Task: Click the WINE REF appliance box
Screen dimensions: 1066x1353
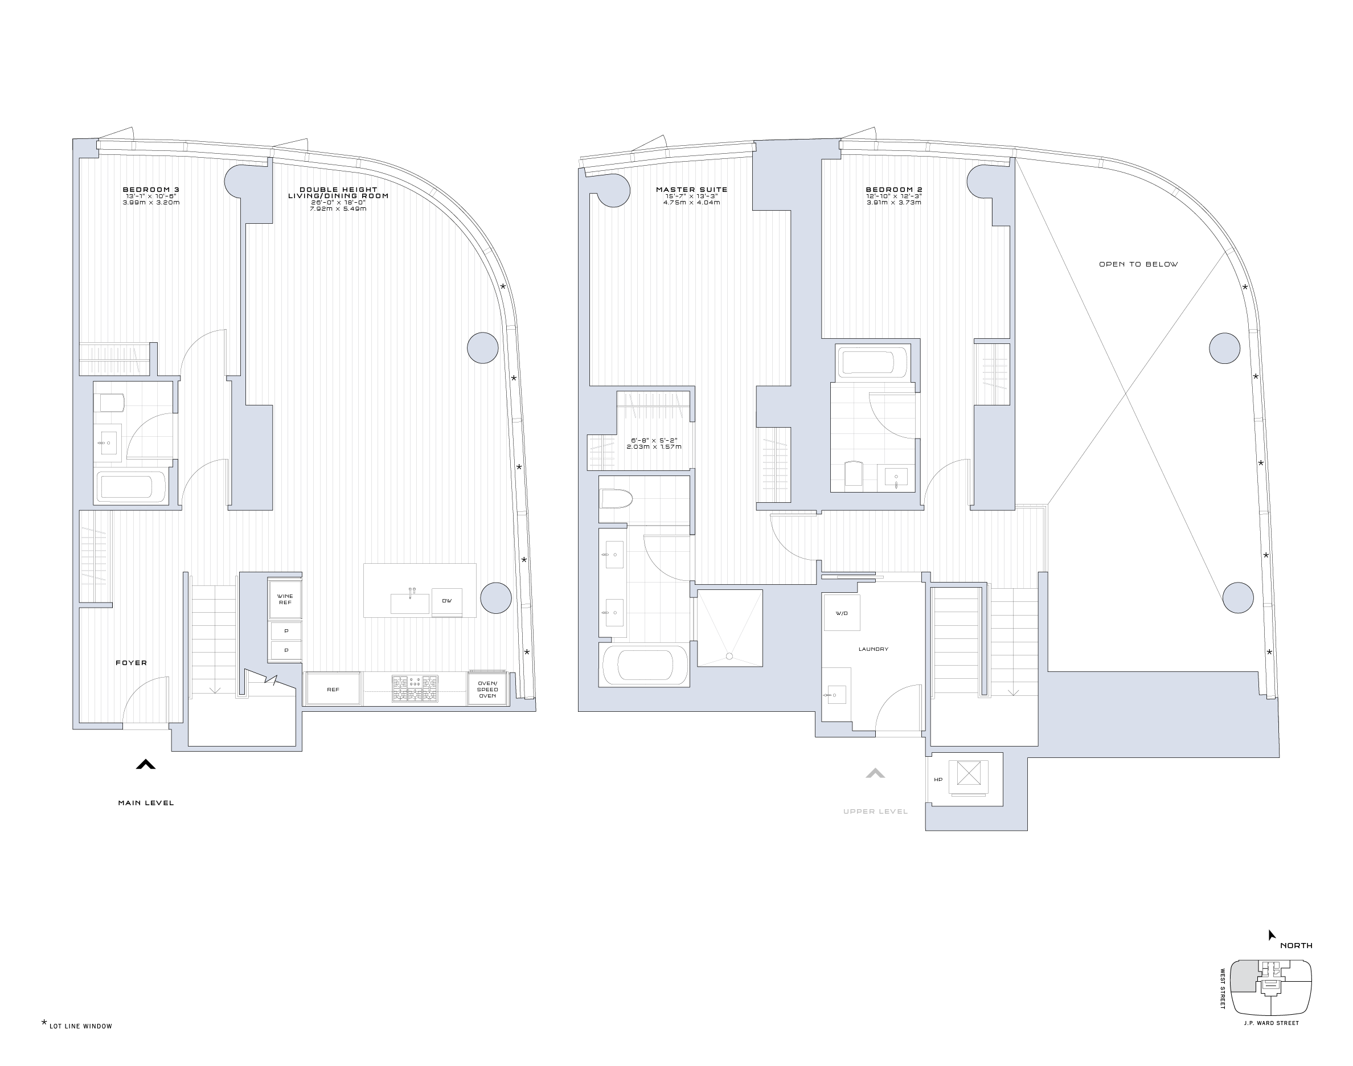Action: point(285,599)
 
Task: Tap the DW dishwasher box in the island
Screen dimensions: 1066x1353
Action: point(447,601)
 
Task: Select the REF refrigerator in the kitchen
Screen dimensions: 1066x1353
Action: point(333,689)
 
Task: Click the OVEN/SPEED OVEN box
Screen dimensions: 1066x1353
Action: point(487,689)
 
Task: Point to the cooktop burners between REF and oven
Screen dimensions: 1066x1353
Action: point(415,688)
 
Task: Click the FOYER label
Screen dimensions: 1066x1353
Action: point(131,663)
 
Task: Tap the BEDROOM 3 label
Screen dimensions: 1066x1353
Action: point(151,189)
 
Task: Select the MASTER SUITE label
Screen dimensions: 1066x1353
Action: point(691,189)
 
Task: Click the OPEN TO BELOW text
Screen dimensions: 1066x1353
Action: point(1138,264)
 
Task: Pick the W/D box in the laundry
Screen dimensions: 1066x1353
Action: point(841,613)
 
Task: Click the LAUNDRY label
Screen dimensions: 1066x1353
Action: point(873,649)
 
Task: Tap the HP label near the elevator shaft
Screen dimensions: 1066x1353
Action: point(938,780)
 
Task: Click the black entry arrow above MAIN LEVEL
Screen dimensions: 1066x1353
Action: point(145,764)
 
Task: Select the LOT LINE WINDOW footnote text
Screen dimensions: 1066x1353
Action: point(80,1026)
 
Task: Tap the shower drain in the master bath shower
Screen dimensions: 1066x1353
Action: point(729,656)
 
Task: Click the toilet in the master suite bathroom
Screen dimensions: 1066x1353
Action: point(616,499)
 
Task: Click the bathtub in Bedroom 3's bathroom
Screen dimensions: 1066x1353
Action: point(132,487)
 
